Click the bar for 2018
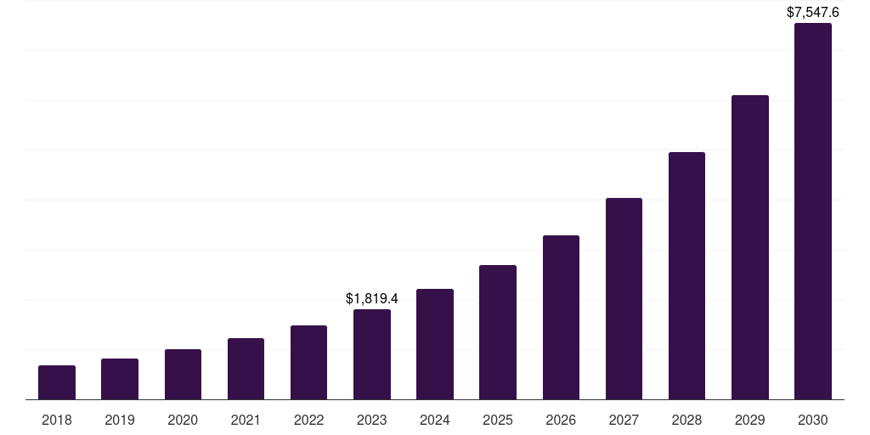point(57,382)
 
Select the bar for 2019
point(120,379)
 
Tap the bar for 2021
point(246,369)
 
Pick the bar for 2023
point(372,354)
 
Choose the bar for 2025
point(498,332)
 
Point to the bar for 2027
point(624,298)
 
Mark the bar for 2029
point(750,247)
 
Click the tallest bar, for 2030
point(813,211)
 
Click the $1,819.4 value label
point(372,298)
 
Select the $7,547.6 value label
point(813,12)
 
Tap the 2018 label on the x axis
point(57,420)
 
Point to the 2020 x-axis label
point(183,420)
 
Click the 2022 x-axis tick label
point(308,420)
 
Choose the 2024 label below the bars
point(435,420)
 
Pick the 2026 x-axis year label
point(561,420)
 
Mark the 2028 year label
point(686,420)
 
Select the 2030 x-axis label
point(813,420)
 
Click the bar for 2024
point(435,344)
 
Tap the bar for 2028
point(686,275)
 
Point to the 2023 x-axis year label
point(372,420)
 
